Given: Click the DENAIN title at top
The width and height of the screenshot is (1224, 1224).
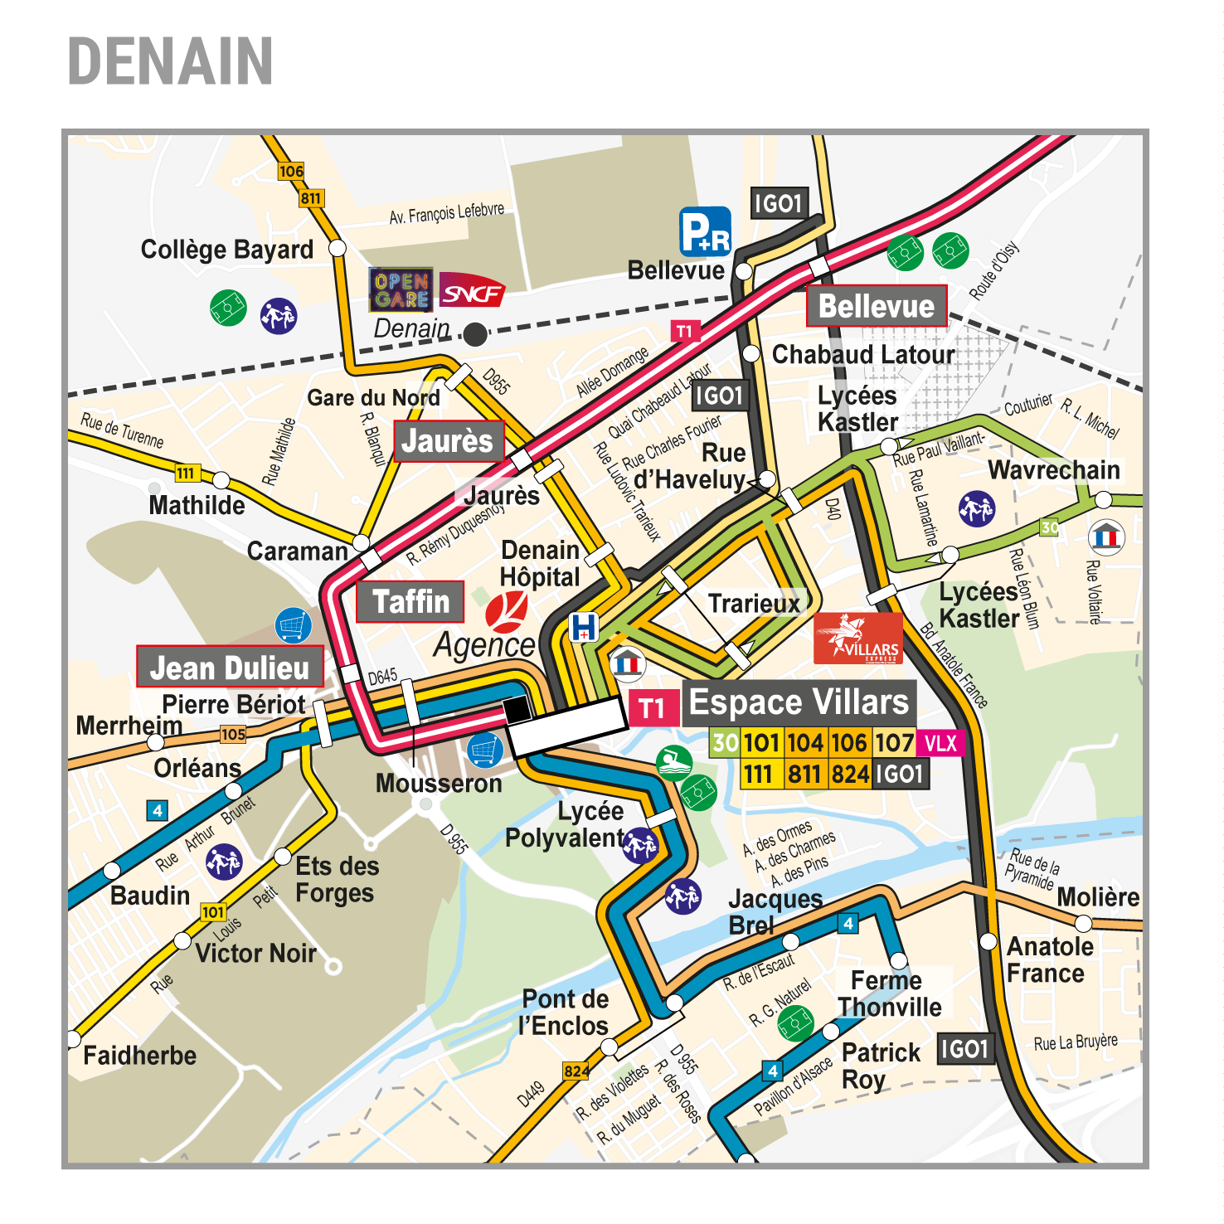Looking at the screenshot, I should coord(170,61).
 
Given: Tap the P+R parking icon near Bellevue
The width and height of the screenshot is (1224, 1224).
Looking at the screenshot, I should coord(705,231).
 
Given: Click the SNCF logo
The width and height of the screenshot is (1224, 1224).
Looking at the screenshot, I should coord(472,293).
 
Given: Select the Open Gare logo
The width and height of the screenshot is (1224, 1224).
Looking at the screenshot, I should coord(401,290).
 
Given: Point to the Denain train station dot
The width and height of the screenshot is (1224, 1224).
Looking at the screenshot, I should coord(475,334).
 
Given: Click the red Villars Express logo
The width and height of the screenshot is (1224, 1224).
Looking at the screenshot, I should coord(857,639).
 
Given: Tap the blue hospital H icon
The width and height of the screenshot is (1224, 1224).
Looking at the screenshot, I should coord(584,627).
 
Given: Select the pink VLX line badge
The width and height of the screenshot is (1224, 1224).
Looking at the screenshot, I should coord(940,743).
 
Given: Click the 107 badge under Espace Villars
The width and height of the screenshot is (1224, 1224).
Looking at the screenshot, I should coord(894,743).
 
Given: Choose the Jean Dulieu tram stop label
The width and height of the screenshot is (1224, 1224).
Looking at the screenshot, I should coord(230,668).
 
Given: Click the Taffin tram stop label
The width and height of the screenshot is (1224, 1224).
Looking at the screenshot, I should coord(410,602).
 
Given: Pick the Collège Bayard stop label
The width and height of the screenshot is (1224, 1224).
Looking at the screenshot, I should coord(226,250).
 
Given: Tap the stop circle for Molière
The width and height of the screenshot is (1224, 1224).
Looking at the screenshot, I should coord(1084,923).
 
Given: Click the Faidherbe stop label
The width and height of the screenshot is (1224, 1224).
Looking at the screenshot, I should coord(140,1056).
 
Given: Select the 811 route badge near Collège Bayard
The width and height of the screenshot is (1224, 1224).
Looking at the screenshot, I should coord(311,198).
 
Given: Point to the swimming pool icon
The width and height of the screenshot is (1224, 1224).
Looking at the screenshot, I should coord(674,762).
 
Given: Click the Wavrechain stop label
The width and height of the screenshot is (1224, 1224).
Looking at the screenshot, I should coord(1053,470).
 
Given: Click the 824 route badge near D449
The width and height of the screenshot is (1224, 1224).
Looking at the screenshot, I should coord(576,1071).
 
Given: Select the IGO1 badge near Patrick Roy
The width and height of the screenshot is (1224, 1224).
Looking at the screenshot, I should coord(965,1049).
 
